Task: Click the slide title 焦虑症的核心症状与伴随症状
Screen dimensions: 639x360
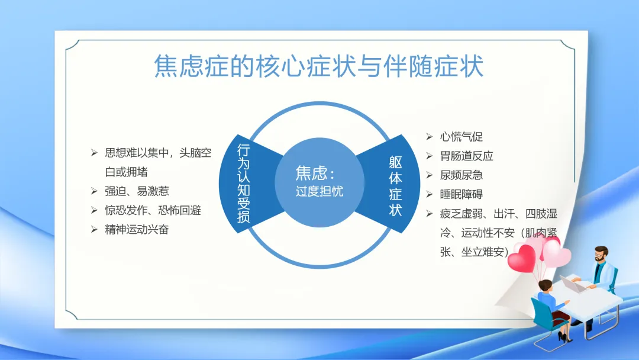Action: point(319,66)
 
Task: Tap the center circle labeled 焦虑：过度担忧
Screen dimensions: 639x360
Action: point(319,182)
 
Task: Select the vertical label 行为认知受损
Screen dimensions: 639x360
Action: point(243,184)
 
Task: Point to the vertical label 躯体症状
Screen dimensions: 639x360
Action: point(395,186)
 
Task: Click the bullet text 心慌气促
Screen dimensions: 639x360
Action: point(461,137)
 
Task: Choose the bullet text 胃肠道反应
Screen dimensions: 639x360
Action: point(467,156)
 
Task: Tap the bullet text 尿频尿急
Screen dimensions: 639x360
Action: point(461,175)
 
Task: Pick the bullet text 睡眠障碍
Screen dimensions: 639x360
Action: point(461,194)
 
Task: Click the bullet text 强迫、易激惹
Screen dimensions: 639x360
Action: point(137,191)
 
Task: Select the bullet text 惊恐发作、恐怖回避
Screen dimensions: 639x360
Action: point(153,210)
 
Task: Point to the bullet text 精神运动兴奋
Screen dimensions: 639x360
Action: point(137,229)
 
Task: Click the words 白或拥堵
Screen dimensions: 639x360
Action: point(127,172)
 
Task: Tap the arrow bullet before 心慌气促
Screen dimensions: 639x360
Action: point(429,137)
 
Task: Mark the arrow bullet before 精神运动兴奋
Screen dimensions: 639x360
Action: point(94,229)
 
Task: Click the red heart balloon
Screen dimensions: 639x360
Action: point(522,258)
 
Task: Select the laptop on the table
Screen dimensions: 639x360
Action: point(573,284)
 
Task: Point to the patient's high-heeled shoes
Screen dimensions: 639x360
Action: point(564,337)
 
